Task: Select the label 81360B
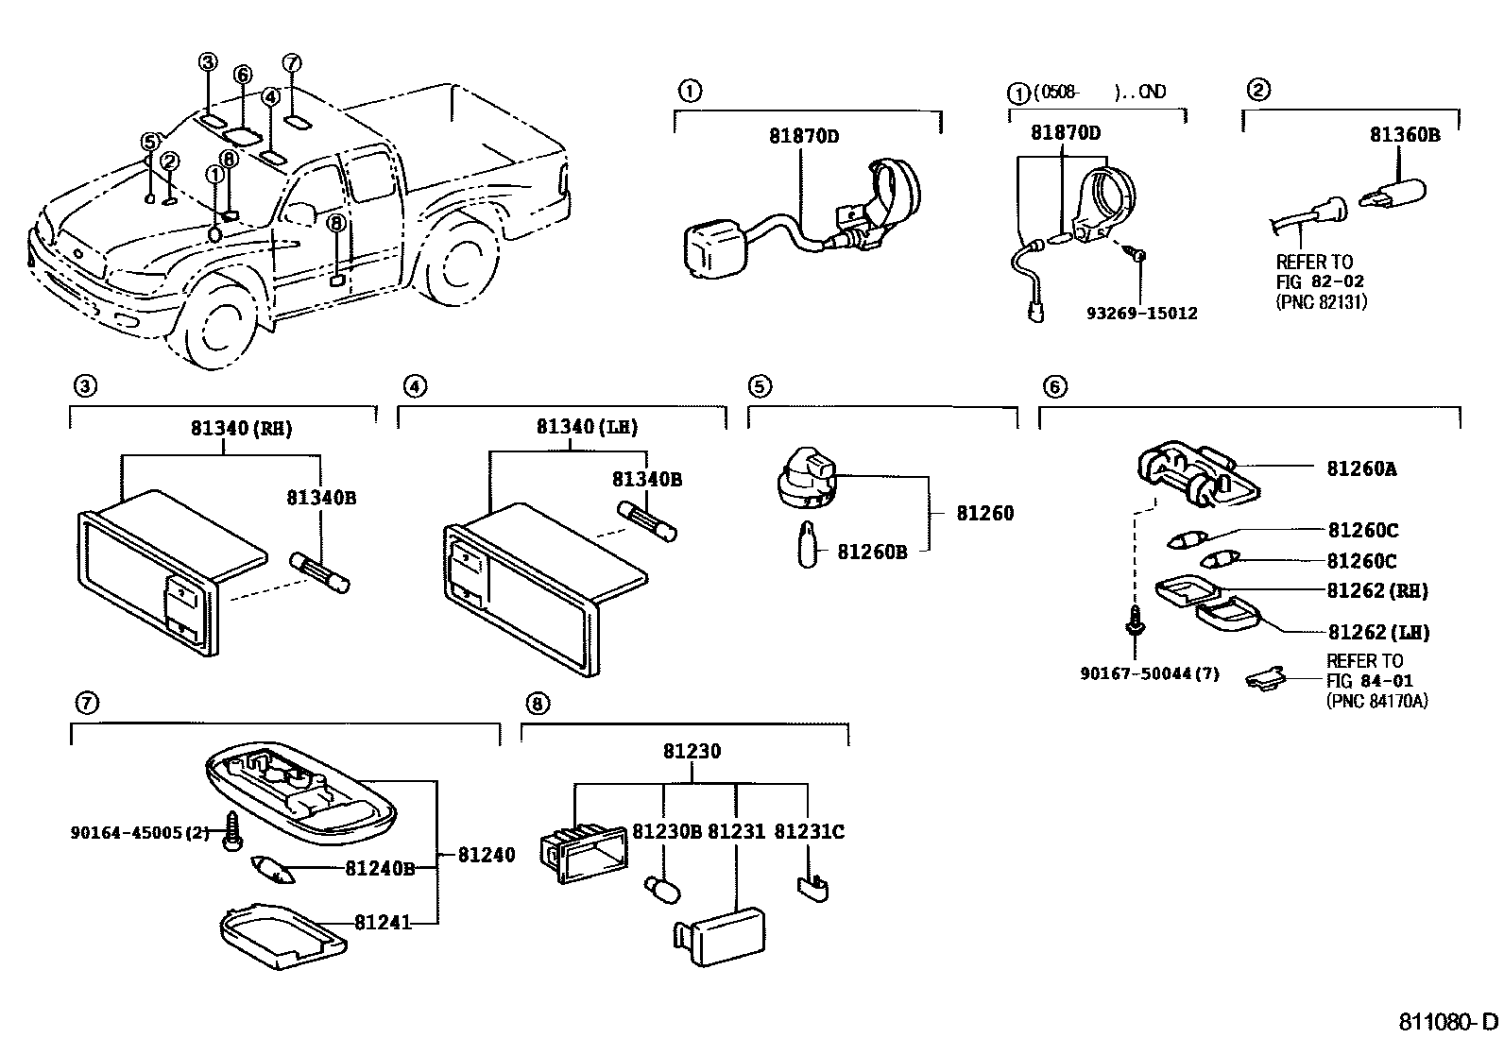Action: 1404,135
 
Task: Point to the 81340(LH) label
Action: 587,427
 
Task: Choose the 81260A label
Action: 1360,468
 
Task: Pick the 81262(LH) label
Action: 1378,632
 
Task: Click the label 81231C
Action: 809,831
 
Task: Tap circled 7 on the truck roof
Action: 292,63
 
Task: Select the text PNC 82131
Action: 1321,302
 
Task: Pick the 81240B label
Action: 379,868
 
